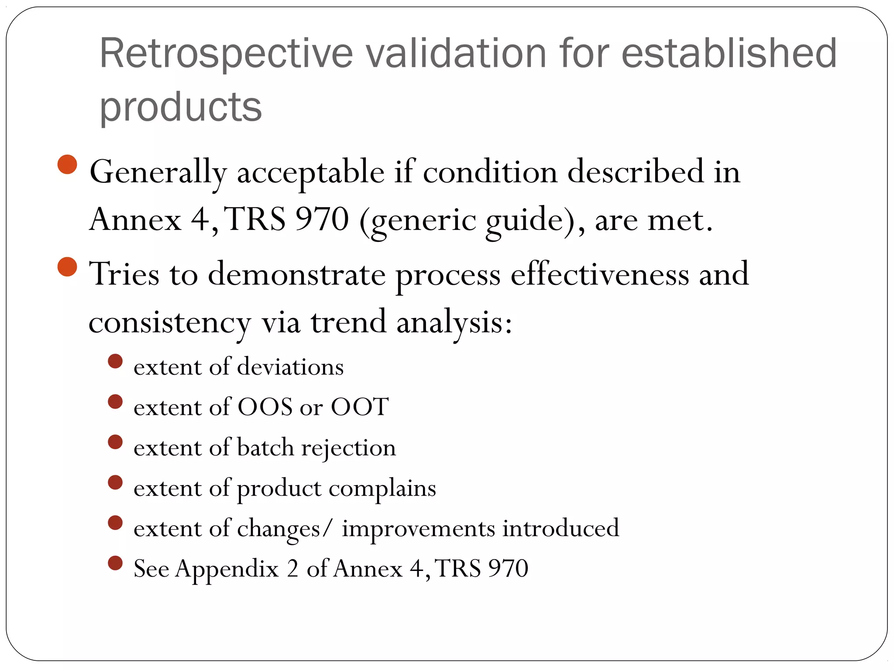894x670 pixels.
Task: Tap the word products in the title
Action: tap(181, 107)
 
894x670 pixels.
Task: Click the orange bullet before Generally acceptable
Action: tap(67, 164)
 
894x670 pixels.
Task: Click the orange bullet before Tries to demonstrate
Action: tap(67, 267)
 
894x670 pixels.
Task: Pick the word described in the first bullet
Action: tap(636, 171)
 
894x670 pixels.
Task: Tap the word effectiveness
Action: tap(600, 274)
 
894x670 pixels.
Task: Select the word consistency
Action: tap(170, 323)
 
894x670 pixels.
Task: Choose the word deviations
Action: tap(290, 366)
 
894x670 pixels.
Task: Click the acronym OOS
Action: tap(265, 407)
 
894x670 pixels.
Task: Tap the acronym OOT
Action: tap(359, 407)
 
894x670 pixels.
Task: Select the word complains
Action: tap(382, 488)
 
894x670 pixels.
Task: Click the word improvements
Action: tap(418, 528)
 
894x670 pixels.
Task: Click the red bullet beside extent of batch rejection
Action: tap(115, 442)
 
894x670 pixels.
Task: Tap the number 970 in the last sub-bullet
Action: tap(508, 568)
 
